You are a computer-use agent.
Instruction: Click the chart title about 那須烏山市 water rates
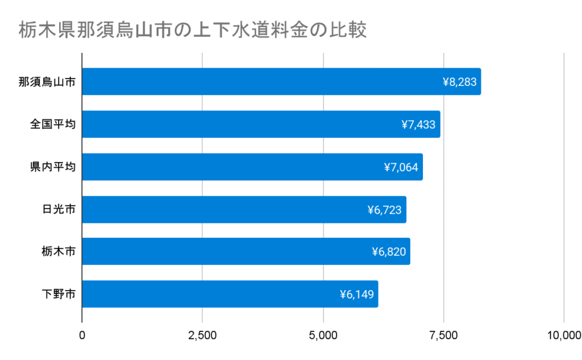click(x=192, y=30)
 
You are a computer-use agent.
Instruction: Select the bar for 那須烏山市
click(x=281, y=81)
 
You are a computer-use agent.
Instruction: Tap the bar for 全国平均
click(x=261, y=124)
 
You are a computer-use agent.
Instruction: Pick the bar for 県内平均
click(x=252, y=167)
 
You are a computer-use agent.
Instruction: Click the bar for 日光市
click(x=244, y=209)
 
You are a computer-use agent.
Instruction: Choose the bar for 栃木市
click(x=246, y=251)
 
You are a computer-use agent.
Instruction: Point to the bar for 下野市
click(x=230, y=294)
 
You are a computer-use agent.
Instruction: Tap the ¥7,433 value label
click(x=418, y=125)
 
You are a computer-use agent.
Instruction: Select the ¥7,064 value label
click(x=401, y=167)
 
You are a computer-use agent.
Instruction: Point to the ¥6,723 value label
click(x=385, y=210)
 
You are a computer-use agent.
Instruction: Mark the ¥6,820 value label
click(x=389, y=252)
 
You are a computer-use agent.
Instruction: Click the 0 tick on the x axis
click(x=82, y=335)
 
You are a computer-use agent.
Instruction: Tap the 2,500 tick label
click(x=202, y=335)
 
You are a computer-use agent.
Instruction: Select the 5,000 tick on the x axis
click(x=323, y=335)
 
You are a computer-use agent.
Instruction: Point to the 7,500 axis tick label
click(x=443, y=335)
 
